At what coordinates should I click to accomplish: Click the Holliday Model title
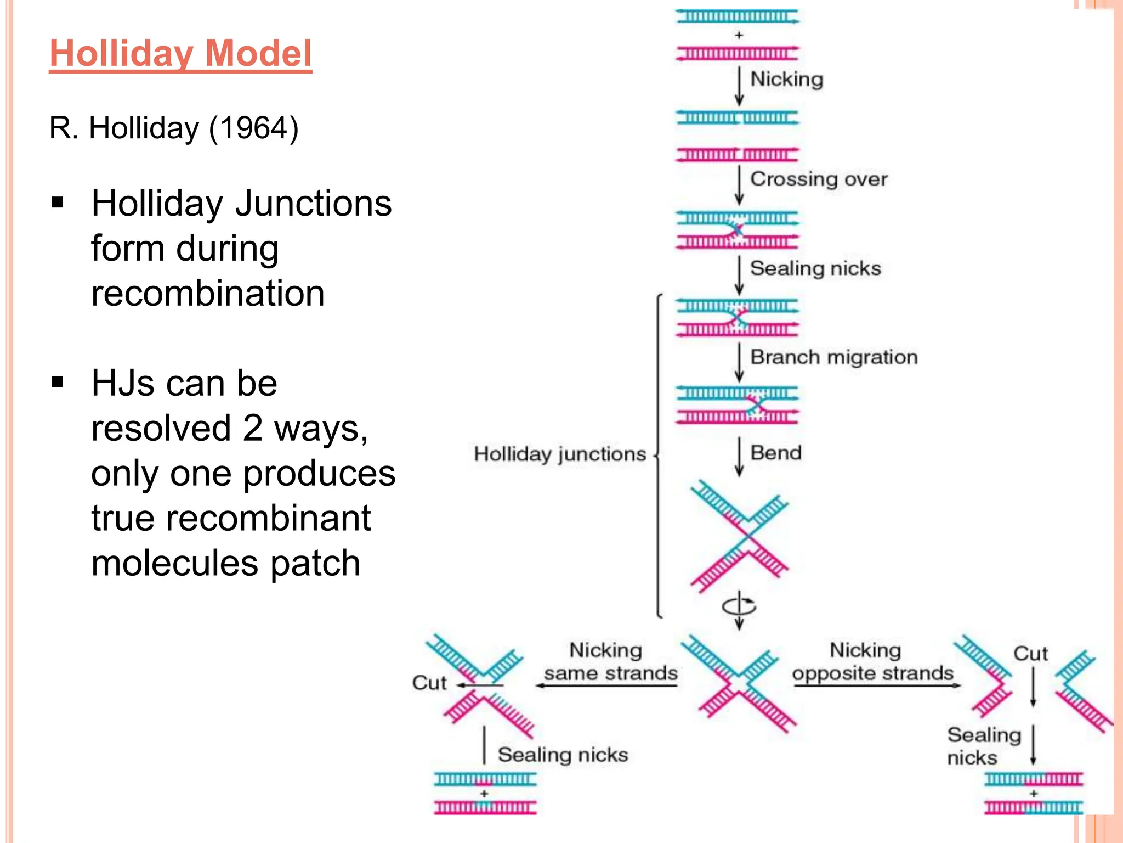click(x=180, y=53)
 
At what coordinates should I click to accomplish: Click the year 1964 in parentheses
click(x=254, y=128)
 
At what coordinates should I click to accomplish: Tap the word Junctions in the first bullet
click(x=313, y=204)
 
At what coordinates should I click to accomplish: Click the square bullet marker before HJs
click(x=58, y=382)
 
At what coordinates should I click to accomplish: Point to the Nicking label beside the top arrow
click(x=786, y=79)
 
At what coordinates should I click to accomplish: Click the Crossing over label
click(x=818, y=179)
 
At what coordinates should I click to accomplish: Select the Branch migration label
click(x=833, y=357)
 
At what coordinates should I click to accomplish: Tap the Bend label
click(x=776, y=453)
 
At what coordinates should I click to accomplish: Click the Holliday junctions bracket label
click(x=560, y=454)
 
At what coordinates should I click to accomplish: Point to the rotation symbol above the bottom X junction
click(x=739, y=606)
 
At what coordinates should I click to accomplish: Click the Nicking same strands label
click(x=609, y=662)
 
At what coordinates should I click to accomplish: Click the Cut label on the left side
click(x=429, y=683)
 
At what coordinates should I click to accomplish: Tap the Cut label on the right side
click(x=1030, y=654)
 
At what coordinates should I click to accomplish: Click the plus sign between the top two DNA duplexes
click(x=739, y=35)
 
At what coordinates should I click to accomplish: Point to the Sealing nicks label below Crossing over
click(x=815, y=268)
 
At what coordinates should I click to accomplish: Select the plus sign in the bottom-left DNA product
click(x=484, y=794)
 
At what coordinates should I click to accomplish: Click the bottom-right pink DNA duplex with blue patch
click(x=1033, y=808)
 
